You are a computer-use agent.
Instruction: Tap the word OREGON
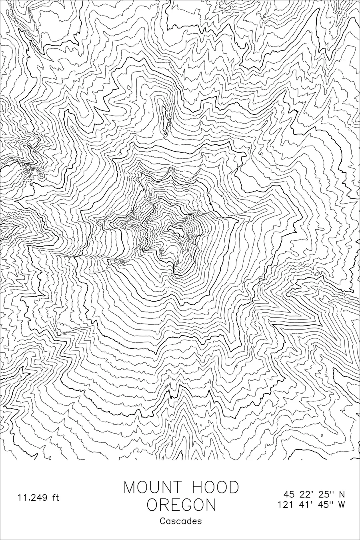point(181,505)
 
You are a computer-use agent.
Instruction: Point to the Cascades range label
point(181,521)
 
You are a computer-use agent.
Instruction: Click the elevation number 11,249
point(32,498)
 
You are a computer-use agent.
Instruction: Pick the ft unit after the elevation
point(55,498)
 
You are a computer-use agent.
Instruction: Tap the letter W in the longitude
point(342,505)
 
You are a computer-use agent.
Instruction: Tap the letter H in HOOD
point(198,487)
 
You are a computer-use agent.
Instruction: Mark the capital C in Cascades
point(162,521)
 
